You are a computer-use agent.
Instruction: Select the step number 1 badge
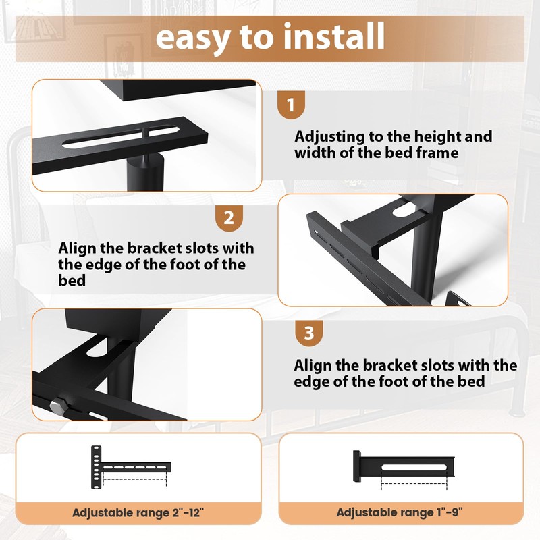[291, 105]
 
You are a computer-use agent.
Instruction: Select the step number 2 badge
[229, 218]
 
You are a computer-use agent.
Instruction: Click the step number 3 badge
[308, 333]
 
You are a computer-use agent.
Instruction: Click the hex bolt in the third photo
[59, 405]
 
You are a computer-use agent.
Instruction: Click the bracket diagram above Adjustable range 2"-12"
[131, 466]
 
